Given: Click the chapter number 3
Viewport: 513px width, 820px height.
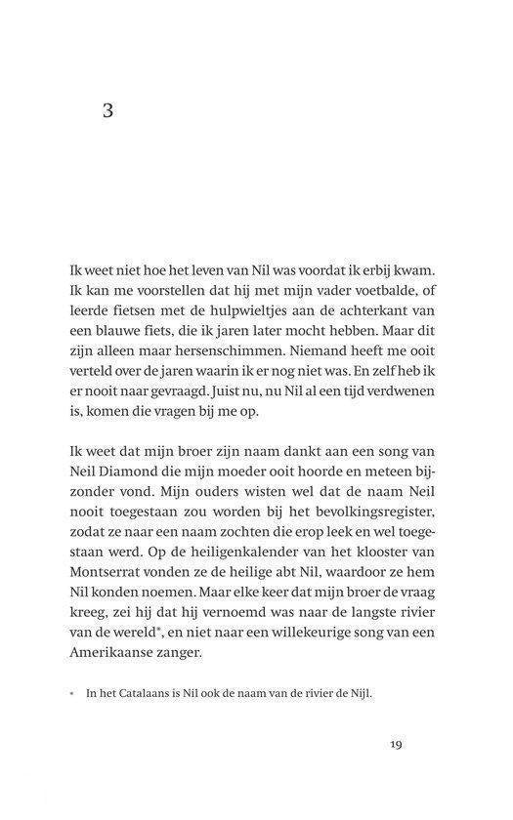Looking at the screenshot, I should tap(107, 110).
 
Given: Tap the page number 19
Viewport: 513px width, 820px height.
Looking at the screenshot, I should tap(395, 745).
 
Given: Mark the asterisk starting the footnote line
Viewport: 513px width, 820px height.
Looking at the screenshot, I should tap(72, 694).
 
